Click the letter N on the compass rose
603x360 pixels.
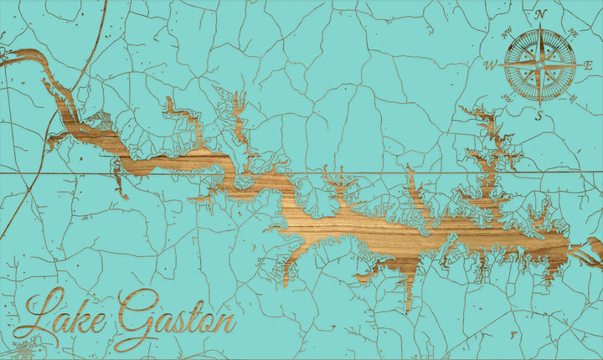pos(540,14)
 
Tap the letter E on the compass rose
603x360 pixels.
pos(589,64)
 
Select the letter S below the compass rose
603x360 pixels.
pos(540,116)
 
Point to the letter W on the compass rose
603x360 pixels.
pos(490,64)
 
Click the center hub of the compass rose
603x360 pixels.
pos(540,64)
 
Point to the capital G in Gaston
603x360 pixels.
pos(134,318)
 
